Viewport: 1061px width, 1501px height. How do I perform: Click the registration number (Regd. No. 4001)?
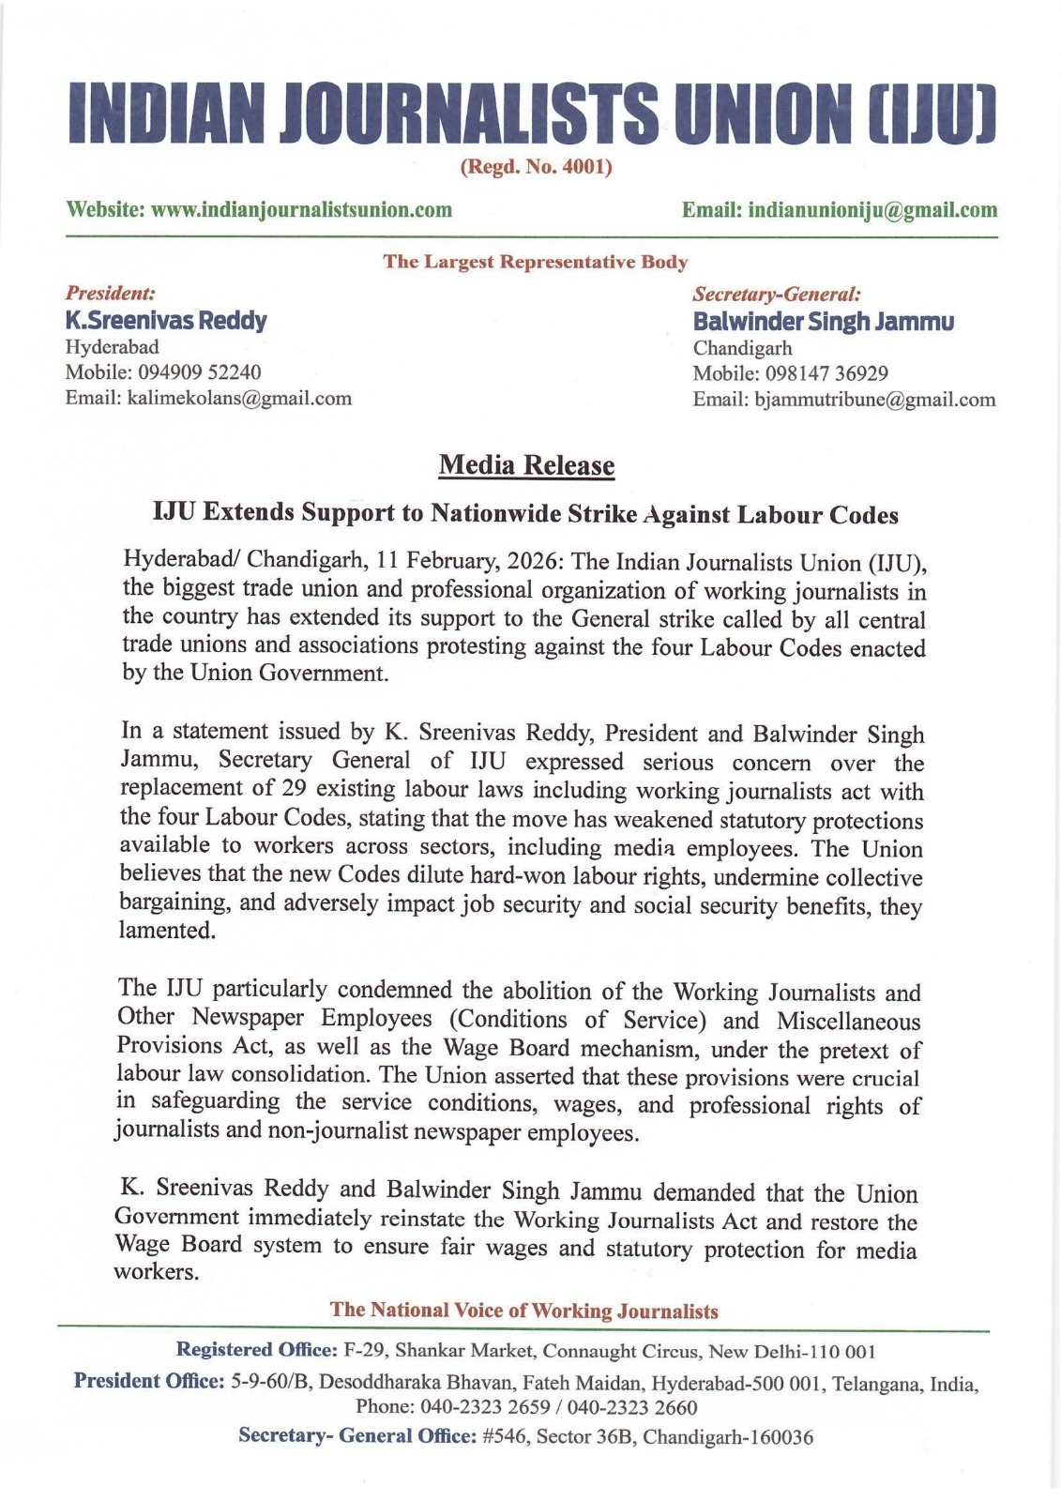click(536, 167)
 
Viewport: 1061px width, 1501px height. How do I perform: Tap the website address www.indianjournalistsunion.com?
click(301, 209)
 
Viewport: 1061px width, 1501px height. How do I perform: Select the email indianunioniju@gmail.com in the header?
click(872, 209)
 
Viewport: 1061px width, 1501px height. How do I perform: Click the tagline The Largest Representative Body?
click(535, 262)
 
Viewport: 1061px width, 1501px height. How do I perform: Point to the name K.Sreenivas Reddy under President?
click(165, 321)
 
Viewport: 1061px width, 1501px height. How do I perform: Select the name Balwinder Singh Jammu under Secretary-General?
click(823, 322)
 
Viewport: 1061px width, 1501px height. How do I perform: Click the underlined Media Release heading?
click(526, 465)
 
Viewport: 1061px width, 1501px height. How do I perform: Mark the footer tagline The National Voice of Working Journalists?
click(523, 1311)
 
